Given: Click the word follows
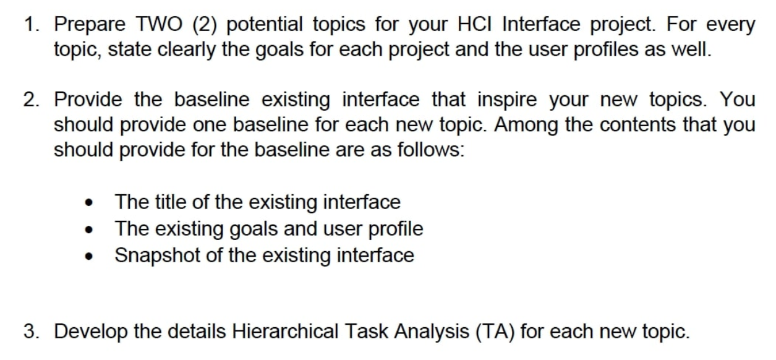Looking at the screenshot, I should (432, 149).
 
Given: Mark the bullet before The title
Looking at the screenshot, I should (91, 204).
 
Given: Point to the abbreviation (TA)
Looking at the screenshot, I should (494, 332).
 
